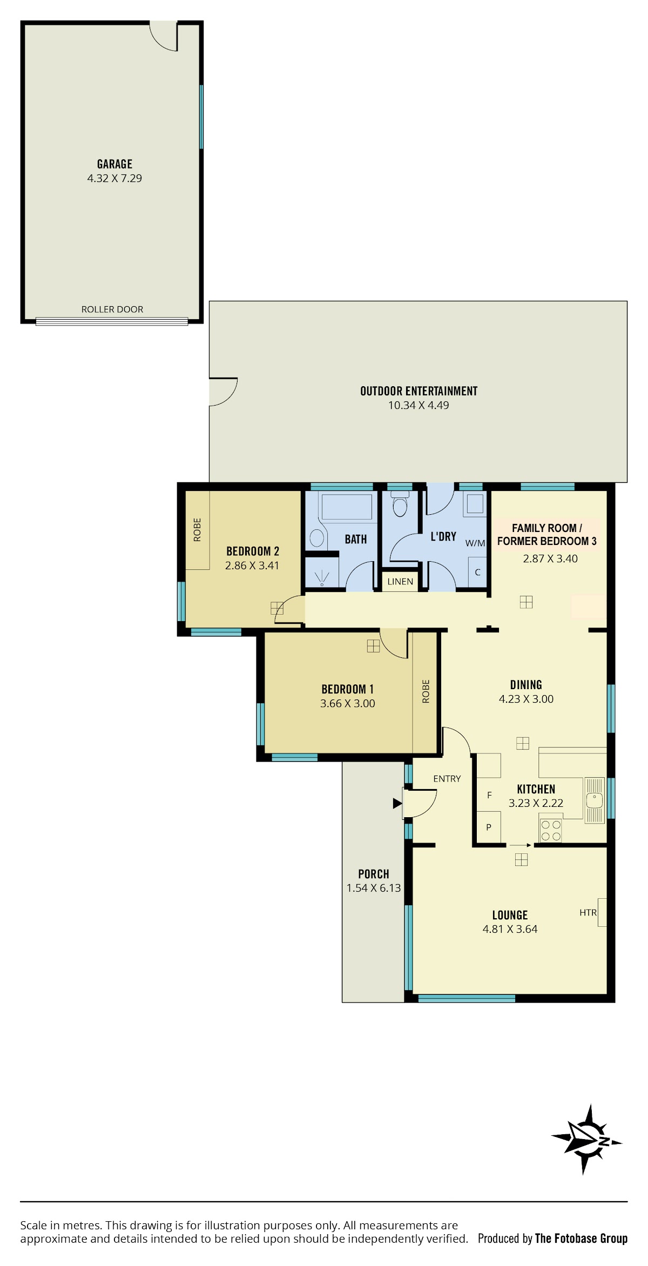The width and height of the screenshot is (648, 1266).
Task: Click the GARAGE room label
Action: [114, 164]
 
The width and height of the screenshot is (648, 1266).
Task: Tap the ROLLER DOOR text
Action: [112, 309]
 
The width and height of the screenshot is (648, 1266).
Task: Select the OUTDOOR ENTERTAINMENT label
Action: [419, 391]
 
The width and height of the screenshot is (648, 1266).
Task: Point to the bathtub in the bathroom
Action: [347, 507]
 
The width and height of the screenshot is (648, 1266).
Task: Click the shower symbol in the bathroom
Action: [322, 577]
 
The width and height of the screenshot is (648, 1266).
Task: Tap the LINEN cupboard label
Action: [400, 582]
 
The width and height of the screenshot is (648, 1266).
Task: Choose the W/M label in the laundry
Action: [475, 543]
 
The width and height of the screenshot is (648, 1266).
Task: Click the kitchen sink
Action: [595, 800]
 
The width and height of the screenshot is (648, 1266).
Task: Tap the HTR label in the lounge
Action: [588, 913]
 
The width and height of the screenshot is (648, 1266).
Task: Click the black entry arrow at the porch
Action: [397, 804]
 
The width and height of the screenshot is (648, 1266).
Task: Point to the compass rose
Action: [587, 1140]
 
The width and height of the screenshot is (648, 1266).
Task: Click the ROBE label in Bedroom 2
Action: [197, 530]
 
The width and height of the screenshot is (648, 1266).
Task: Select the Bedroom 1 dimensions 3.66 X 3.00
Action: [348, 703]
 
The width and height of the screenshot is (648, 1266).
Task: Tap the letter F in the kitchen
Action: [489, 795]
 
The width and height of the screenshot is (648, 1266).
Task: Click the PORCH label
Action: [374, 874]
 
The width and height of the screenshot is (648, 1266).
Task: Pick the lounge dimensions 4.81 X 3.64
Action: [510, 929]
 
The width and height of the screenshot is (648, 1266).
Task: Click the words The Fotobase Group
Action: [581, 1238]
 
